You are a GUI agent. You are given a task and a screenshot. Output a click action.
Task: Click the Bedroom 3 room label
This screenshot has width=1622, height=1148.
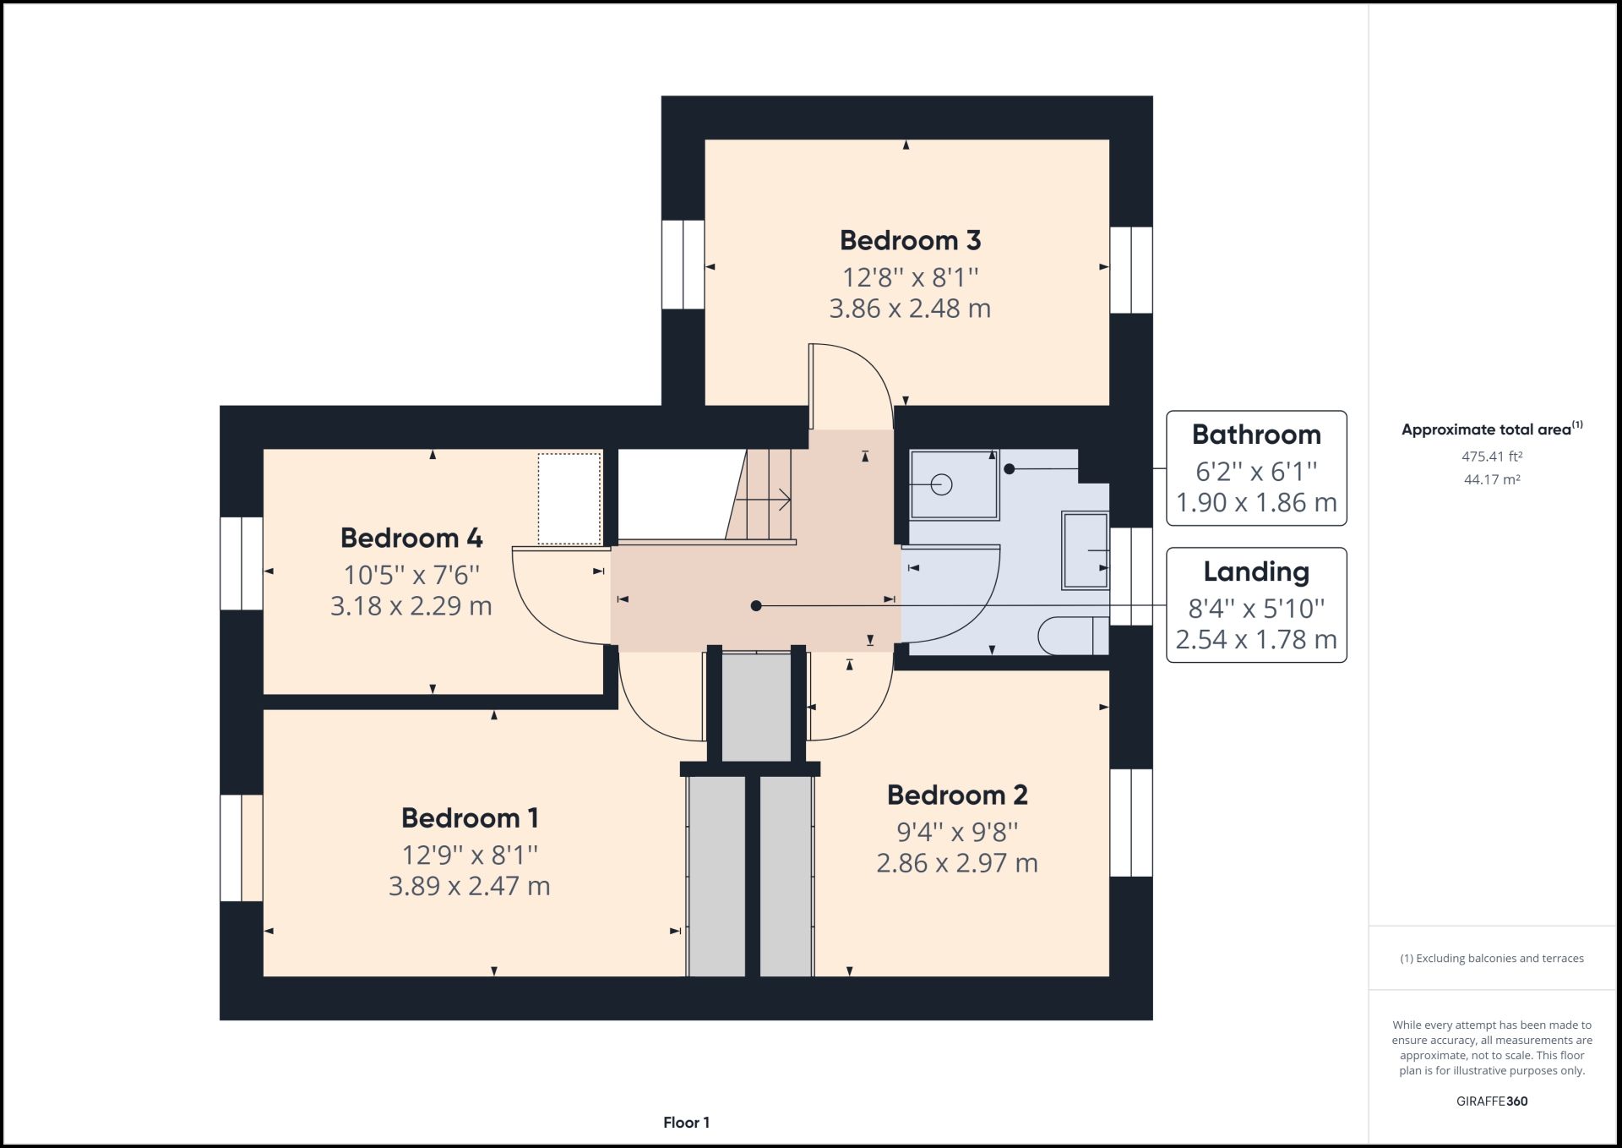(910, 241)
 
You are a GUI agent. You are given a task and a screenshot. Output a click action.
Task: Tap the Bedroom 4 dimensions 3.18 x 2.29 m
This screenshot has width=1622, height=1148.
(411, 606)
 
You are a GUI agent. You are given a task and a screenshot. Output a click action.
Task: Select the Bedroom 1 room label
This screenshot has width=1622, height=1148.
(470, 818)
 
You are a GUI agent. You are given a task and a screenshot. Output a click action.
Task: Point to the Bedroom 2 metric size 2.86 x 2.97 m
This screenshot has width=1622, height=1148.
(956, 863)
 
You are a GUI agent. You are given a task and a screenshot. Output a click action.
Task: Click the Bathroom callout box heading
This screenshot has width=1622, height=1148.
(1256, 435)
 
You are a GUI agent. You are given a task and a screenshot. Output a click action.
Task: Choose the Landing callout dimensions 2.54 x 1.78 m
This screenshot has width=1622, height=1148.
(1256, 639)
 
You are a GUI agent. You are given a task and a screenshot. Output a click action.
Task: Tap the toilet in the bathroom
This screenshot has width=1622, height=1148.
(1071, 636)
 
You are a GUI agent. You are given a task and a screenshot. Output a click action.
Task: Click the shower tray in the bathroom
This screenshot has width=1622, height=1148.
(954, 484)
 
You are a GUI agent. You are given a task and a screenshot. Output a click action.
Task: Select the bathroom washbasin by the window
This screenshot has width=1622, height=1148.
(1085, 550)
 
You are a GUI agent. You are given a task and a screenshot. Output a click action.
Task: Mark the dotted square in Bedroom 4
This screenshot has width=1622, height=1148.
(570, 499)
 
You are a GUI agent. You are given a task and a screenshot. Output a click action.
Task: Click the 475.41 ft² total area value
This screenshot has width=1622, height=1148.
(1492, 456)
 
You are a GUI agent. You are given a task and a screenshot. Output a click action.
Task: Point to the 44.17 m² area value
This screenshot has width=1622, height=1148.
(1492, 479)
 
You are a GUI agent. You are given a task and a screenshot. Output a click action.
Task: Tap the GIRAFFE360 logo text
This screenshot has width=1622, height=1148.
(1492, 1102)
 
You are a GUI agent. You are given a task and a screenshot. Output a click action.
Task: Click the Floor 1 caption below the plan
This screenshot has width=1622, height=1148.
(686, 1123)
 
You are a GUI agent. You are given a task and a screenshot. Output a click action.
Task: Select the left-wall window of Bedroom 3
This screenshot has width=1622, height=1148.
(683, 265)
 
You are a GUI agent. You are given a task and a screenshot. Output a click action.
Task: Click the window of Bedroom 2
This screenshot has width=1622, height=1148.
(1130, 823)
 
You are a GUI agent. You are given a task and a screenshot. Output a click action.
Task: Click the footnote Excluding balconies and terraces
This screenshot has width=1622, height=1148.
(1492, 959)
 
